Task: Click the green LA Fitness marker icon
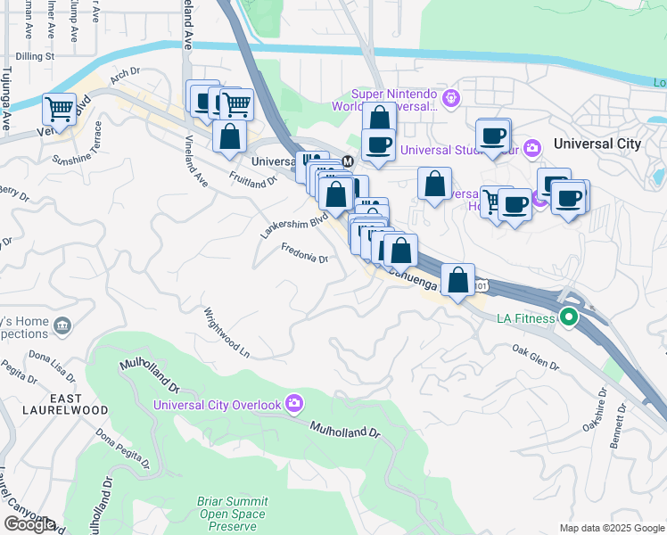pos(568,317)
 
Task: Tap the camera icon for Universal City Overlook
pos(293,405)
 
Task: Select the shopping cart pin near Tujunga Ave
pos(59,110)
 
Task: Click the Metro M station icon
pos(347,161)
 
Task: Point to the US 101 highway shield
pos(482,285)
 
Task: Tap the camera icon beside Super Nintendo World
pos(451,97)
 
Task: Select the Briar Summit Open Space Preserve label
pos(231,514)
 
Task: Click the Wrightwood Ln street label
pos(226,333)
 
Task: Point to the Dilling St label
pos(36,55)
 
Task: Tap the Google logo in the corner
pos(29,524)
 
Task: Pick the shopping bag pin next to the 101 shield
pos(457,280)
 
